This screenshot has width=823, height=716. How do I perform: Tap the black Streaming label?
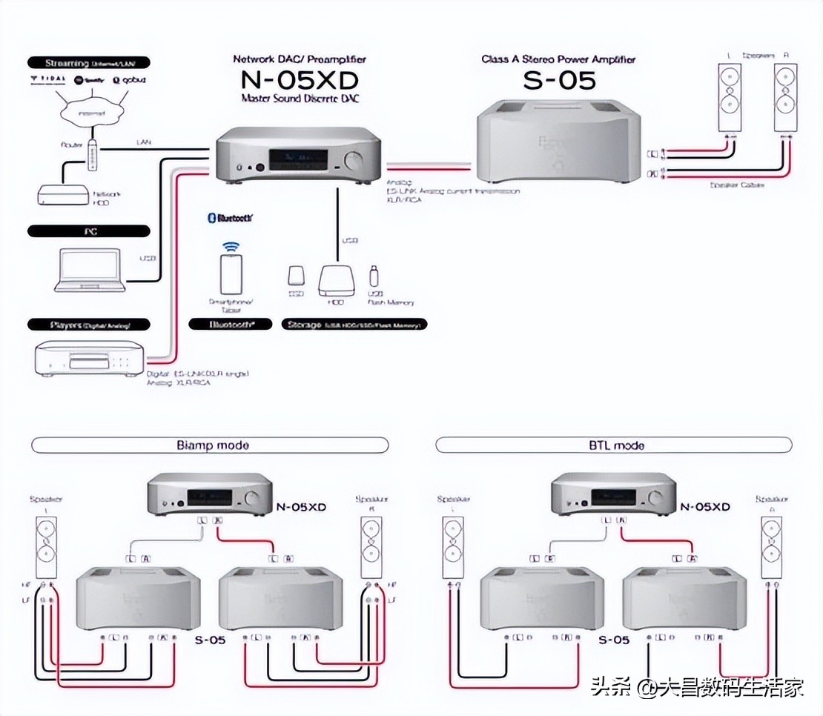coord(88,63)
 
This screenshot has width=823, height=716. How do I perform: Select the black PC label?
coord(88,231)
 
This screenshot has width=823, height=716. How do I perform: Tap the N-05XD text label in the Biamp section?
coord(301,507)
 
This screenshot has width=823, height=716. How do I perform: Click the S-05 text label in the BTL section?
coord(613,639)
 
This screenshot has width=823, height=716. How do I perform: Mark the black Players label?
coord(88,324)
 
